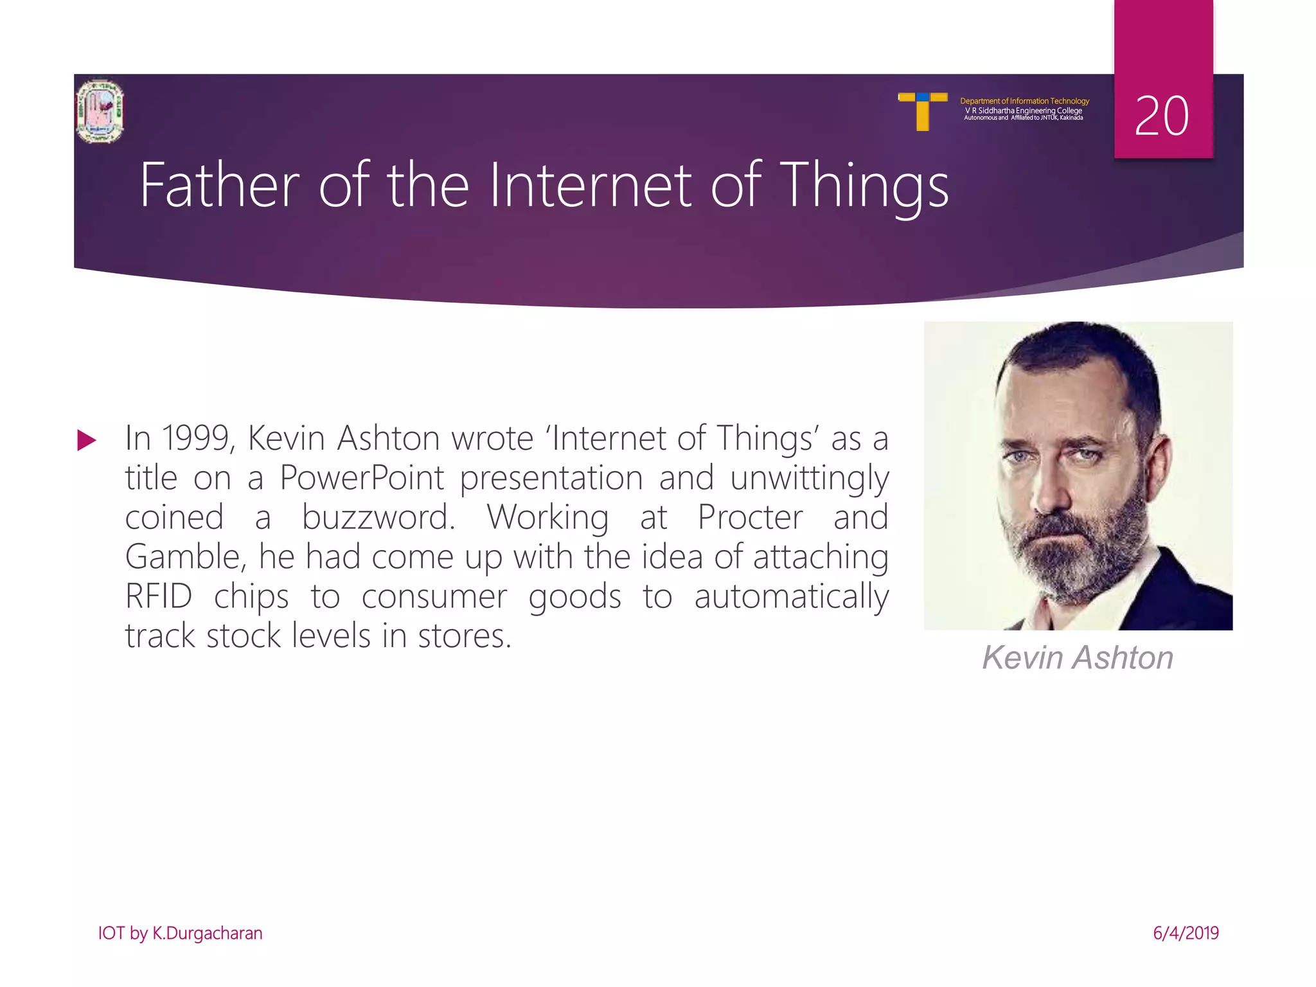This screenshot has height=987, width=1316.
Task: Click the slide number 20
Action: pos(1161,116)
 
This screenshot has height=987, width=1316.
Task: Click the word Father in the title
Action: pos(219,186)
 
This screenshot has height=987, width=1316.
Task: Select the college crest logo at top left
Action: pos(100,111)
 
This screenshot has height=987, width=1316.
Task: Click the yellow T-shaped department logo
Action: pos(923,111)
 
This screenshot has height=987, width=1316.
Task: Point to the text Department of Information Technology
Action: pos(1024,101)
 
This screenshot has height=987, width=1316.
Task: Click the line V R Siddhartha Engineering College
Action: pos(1023,111)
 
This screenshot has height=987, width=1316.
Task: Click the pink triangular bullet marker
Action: pos(86,441)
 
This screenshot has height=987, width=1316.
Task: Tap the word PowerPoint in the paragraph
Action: pos(362,479)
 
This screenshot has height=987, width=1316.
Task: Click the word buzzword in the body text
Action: pos(378,518)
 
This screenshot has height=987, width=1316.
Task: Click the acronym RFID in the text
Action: pos(159,597)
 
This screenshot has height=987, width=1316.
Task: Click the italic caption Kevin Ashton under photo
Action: pos(1078,658)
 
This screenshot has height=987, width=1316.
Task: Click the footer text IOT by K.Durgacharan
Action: pos(180,933)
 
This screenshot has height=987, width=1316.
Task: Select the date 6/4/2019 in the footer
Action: pos(1186,933)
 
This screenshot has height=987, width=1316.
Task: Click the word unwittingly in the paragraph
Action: pos(809,479)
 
